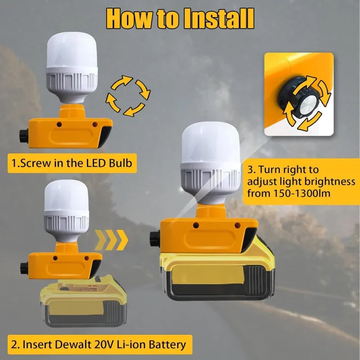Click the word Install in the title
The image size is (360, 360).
219,18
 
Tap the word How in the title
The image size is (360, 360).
129,18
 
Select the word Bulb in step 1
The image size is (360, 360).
120,163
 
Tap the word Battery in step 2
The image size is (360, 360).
167,345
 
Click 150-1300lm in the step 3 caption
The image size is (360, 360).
302,193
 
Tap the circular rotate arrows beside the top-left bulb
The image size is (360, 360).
128,95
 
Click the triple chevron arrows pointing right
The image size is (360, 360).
111,240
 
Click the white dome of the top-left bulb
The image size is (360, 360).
72,50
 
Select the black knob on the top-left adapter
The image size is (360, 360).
24,136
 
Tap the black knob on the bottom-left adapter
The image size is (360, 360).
24,267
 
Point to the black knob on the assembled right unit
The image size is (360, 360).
155,238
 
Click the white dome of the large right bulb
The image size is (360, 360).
211,142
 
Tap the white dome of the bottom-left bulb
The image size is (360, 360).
66,196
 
